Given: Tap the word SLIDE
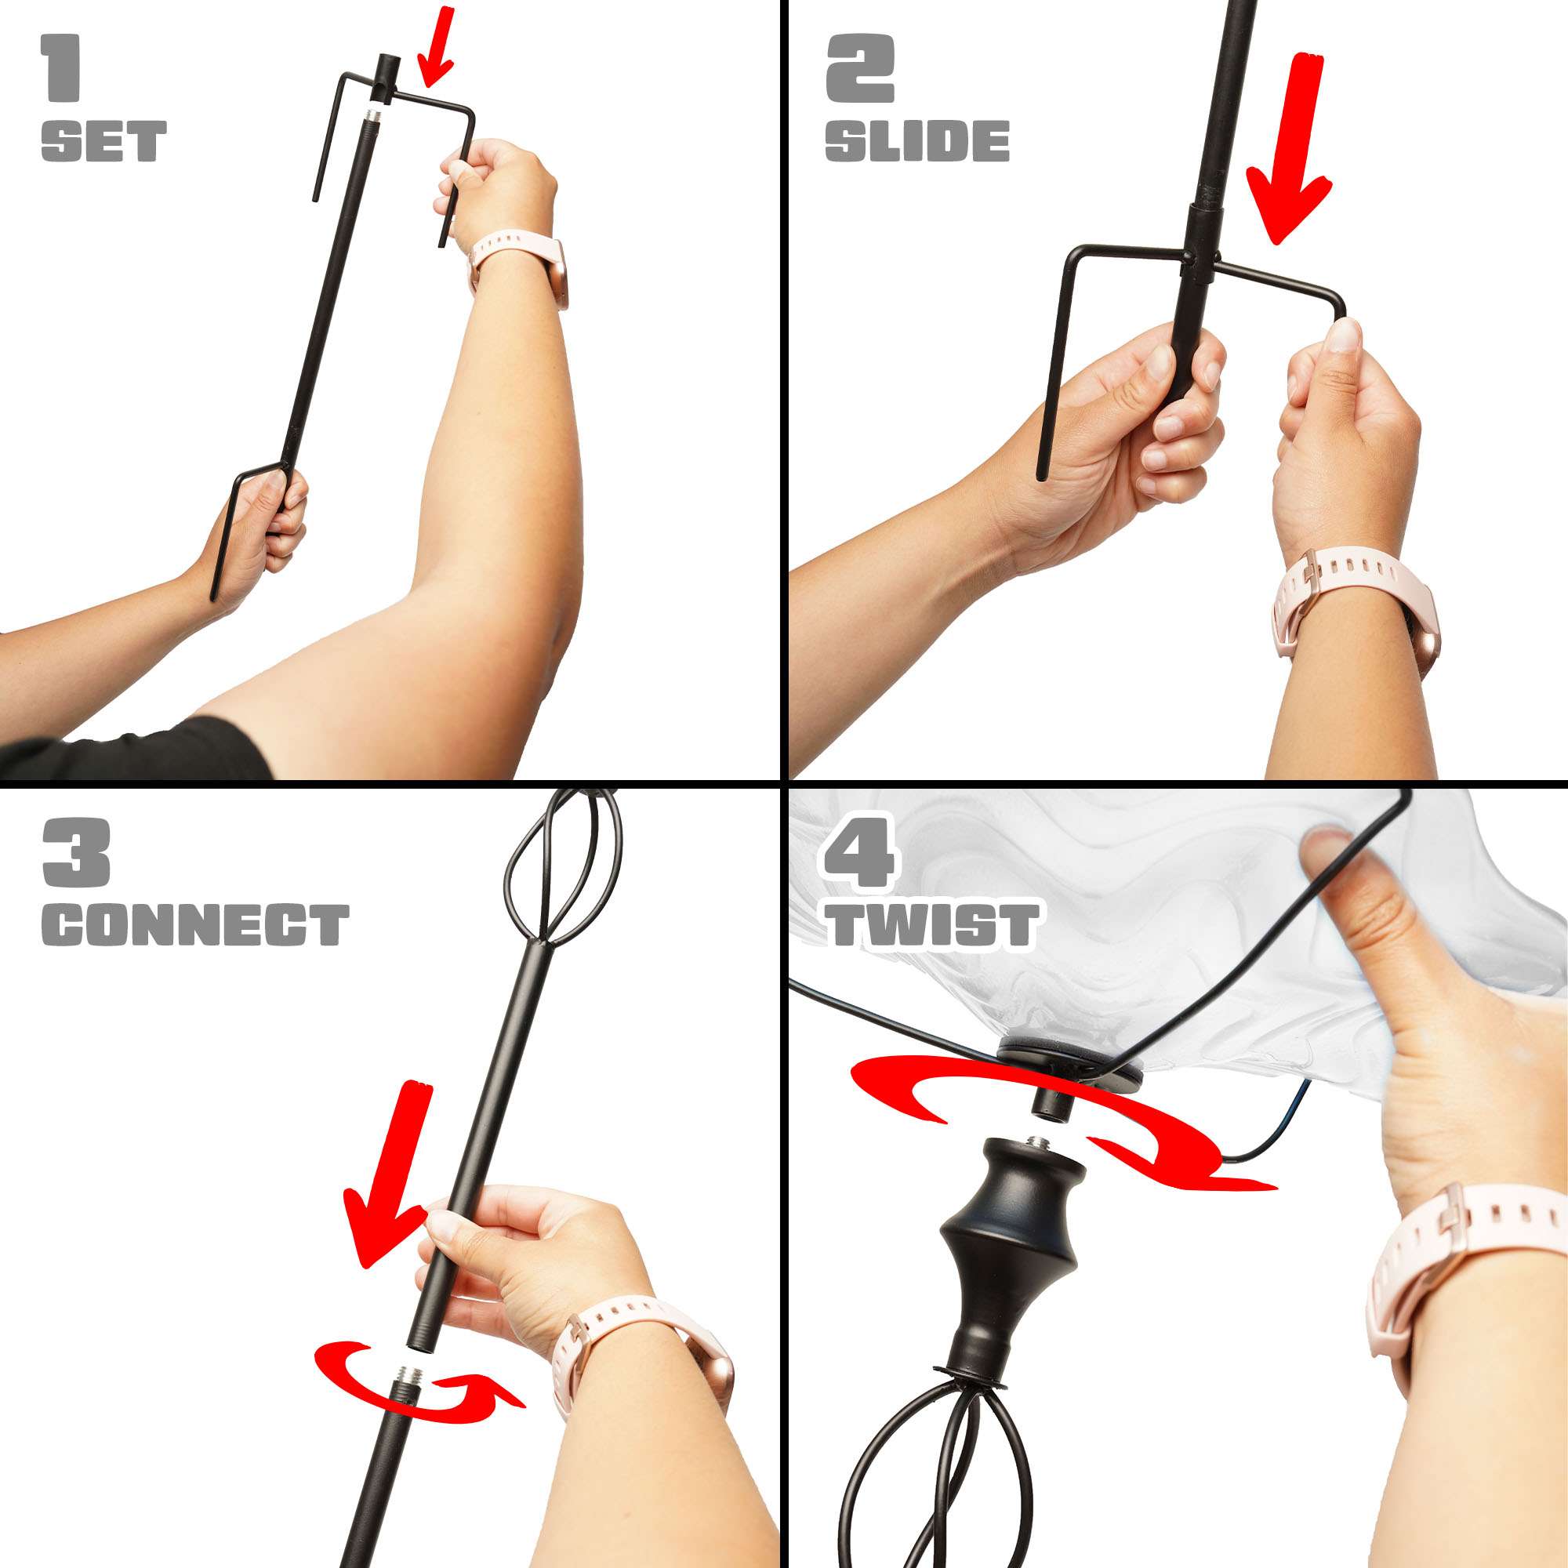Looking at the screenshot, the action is pos(917,141).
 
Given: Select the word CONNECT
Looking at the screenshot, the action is pos(195,924).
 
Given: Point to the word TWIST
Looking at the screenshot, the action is pos(932,924).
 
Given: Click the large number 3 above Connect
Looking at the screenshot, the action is pos(76,852).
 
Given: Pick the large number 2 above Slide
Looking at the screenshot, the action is pos(860,70).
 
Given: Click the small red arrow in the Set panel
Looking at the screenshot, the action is pos(436,47).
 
